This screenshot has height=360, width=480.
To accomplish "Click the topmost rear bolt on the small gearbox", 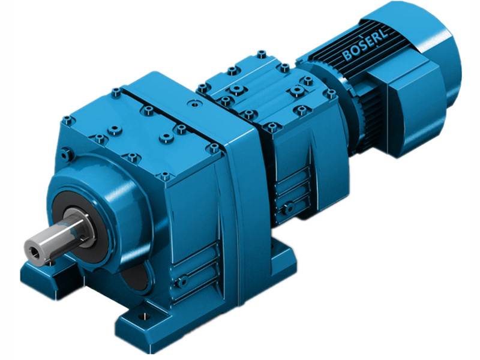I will click(260, 54).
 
